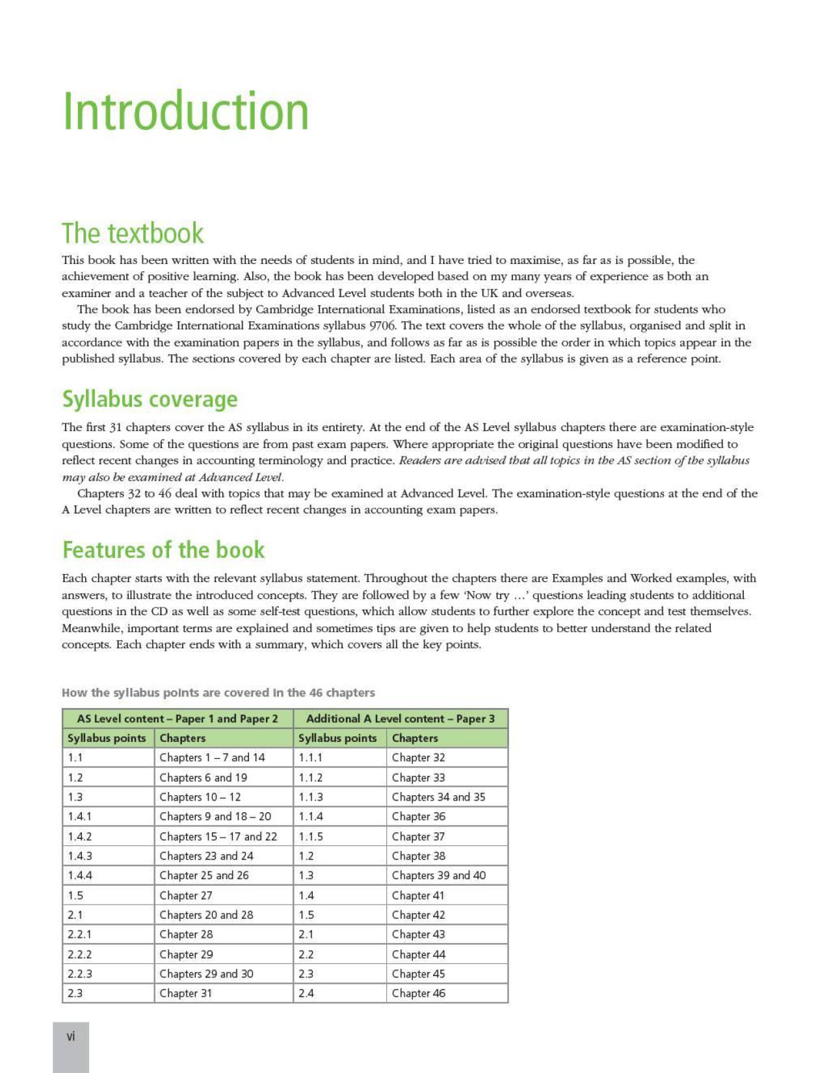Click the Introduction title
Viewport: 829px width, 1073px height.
coord(185,111)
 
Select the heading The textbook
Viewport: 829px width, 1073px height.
coord(133,233)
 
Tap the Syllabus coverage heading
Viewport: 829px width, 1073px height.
coord(150,399)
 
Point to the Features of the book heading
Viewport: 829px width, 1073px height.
coord(163,550)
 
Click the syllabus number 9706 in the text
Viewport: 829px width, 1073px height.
coord(382,326)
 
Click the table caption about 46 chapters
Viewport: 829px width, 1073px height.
coord(218,693)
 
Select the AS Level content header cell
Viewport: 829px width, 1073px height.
coord(178,719)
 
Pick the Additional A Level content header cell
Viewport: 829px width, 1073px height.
coord(400,719)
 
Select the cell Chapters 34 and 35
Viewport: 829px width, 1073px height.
coord(438,797)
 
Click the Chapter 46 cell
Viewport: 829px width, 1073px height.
coord(419,994)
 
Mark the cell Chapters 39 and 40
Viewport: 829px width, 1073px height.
coord(439,876)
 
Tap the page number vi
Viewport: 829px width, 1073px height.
coord(71,1037)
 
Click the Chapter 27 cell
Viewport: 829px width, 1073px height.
coord(186,895)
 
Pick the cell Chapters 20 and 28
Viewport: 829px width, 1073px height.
coord(206,915)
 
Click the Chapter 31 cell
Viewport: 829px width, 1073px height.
coord(186,994)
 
